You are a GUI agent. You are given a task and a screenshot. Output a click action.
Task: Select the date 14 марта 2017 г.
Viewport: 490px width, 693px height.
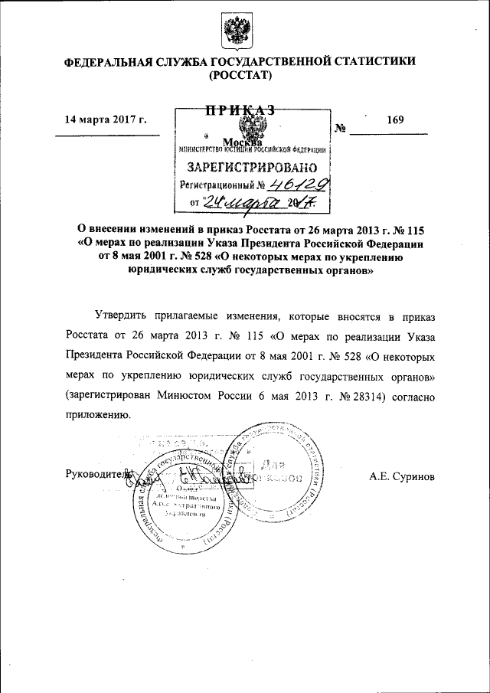tap(106, 119)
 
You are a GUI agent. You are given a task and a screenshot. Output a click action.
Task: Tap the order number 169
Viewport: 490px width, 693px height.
tap(395, 119)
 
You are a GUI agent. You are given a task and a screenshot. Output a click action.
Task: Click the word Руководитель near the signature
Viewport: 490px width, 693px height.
tap(99, 475)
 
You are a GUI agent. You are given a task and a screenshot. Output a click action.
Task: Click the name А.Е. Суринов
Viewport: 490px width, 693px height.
tap(403, 476)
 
